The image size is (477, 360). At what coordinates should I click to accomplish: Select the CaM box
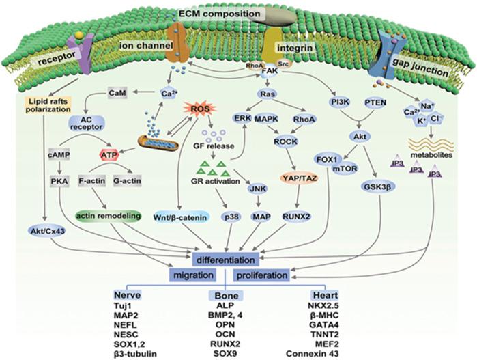pyautogui.click(x=101, y=92)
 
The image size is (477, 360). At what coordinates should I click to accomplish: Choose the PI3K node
pyautogui.click(x=334, y=102)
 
